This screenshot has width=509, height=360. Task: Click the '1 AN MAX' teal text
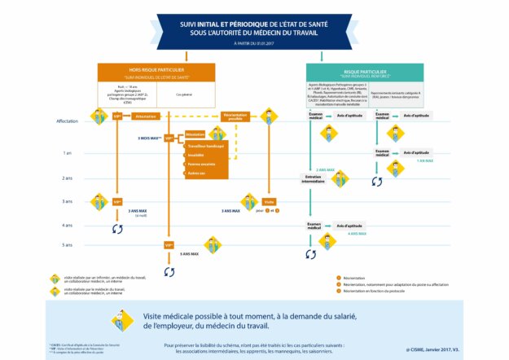pyautogui.click(x=424, y=160)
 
